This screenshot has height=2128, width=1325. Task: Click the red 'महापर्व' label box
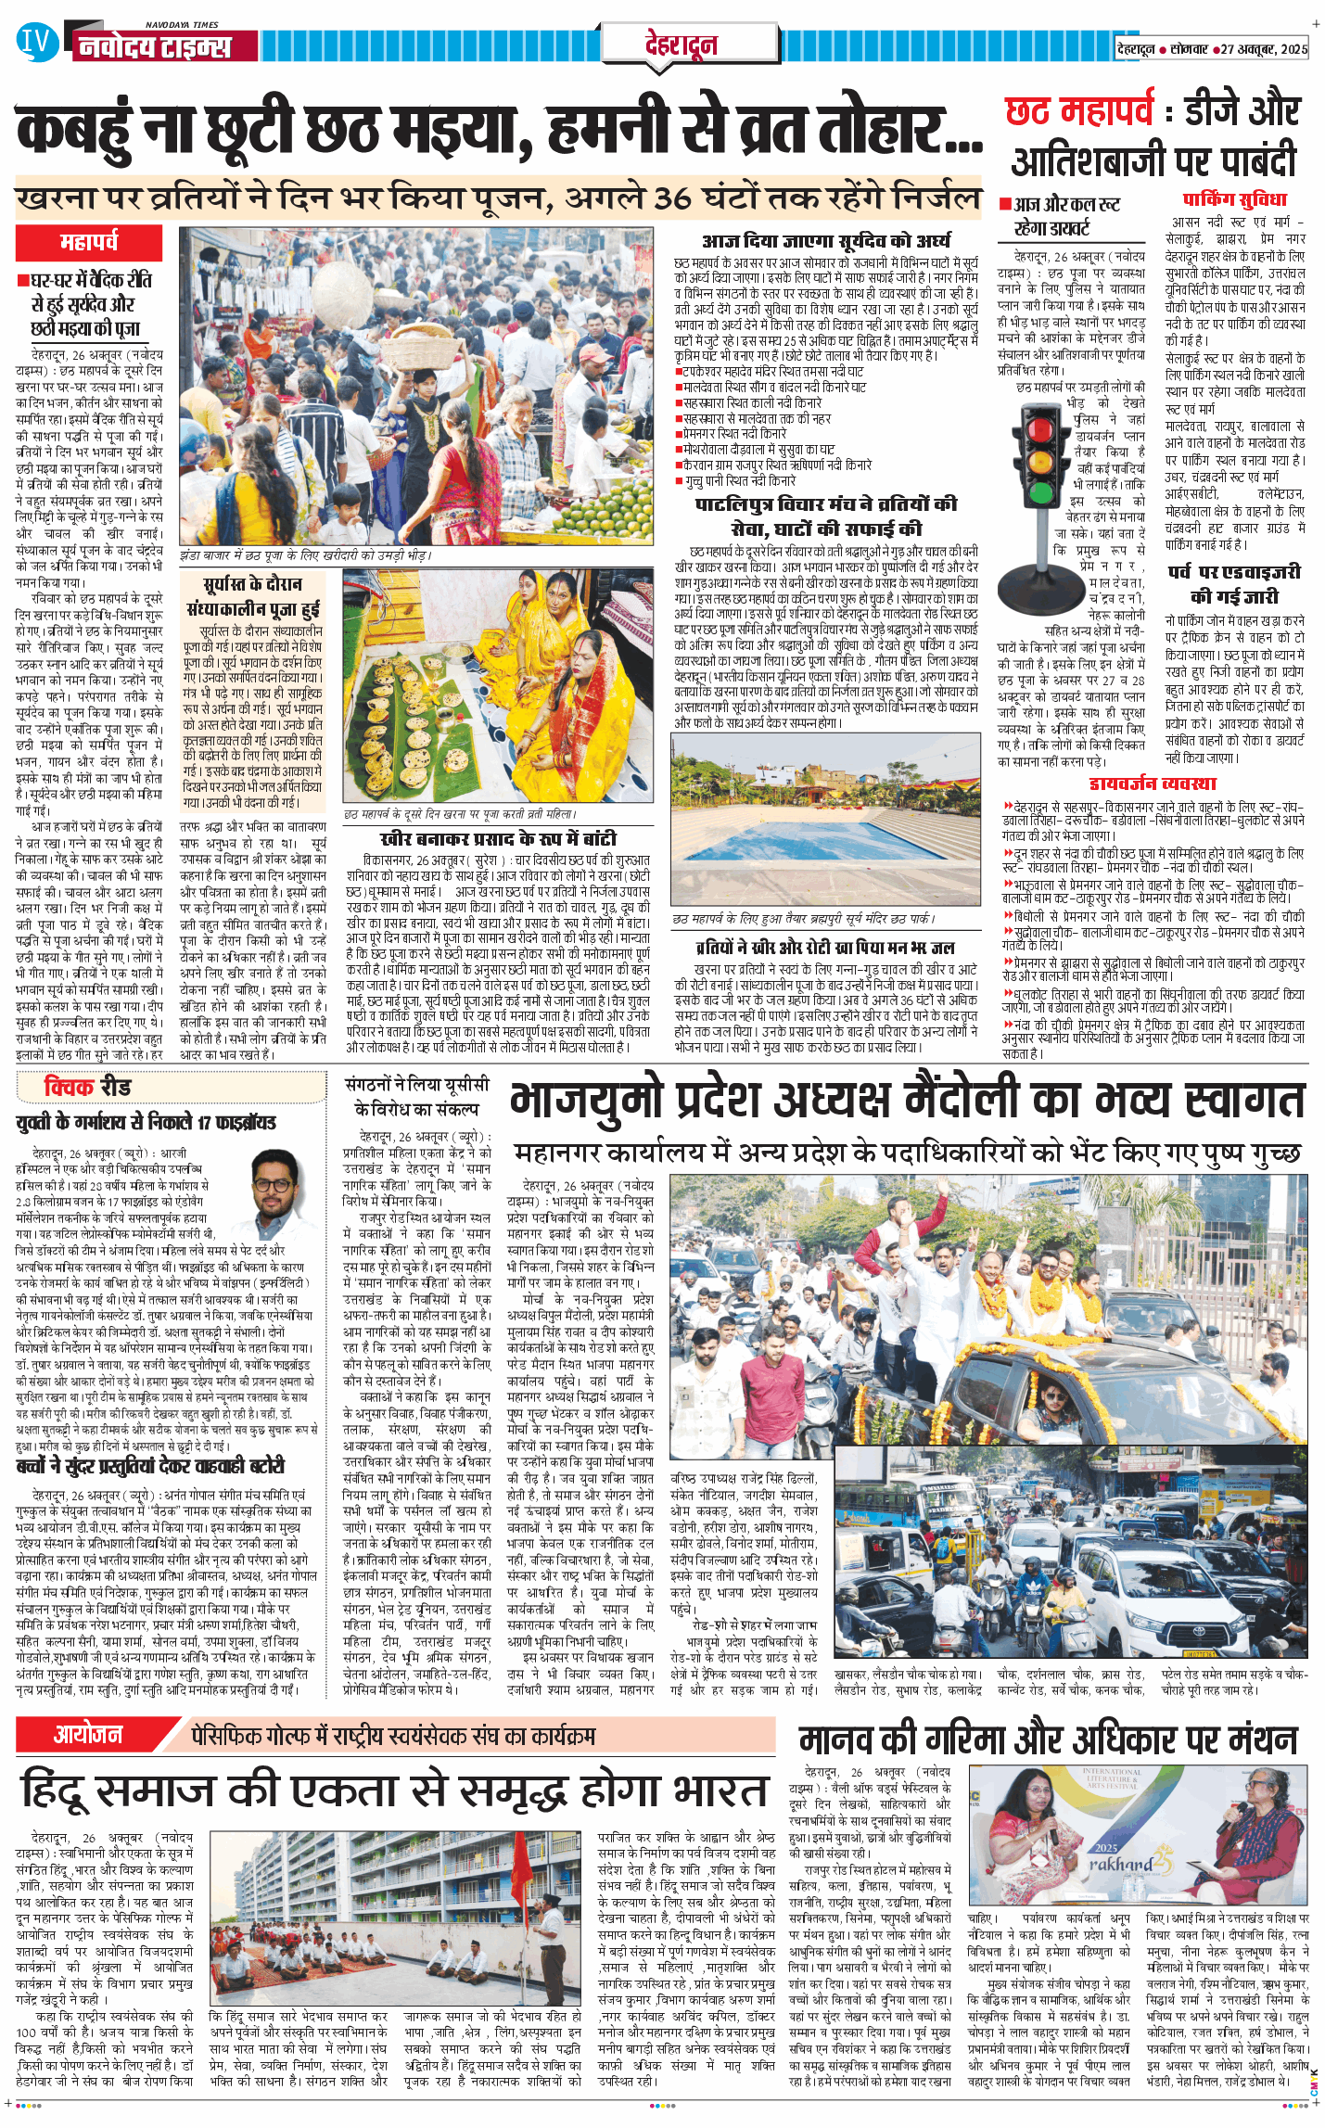pyautogui.click(x=89, y=243)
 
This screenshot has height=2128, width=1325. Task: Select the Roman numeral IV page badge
pyautogui.click(x=35, y=42)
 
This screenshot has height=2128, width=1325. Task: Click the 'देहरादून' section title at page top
pyautogui.click(x=681, y=45)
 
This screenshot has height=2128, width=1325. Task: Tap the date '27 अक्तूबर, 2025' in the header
pyautogui.click(x=1264, y=49)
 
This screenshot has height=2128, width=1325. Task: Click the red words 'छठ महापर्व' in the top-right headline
pyautogui.click(x=1079, y=113)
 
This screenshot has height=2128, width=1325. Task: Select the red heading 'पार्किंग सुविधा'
pyautogui.click(x=1234, y=200)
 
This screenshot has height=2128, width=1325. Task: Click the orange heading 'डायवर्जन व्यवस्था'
pyautogui.click(x=1153, y=784)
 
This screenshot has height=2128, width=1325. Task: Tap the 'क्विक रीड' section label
pyautogui.click(x=88, y=1087)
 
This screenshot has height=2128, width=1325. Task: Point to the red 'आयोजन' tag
pyautogui.click(x=88, y=1734)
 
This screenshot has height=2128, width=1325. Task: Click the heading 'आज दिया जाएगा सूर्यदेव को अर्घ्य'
pyautogui.click(x=826, y=241)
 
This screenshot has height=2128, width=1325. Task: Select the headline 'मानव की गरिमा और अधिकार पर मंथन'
pyautogui.click(x=1048, y=1740)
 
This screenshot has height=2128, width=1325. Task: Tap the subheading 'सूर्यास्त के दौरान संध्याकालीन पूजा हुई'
pyautogui.click(x=252, y=596)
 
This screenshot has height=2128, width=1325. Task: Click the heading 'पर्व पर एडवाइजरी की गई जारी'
pyautogui.click(x=1233, y=583)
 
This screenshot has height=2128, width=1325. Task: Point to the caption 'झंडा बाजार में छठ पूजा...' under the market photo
pyautogui.click(x=305, y=554)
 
